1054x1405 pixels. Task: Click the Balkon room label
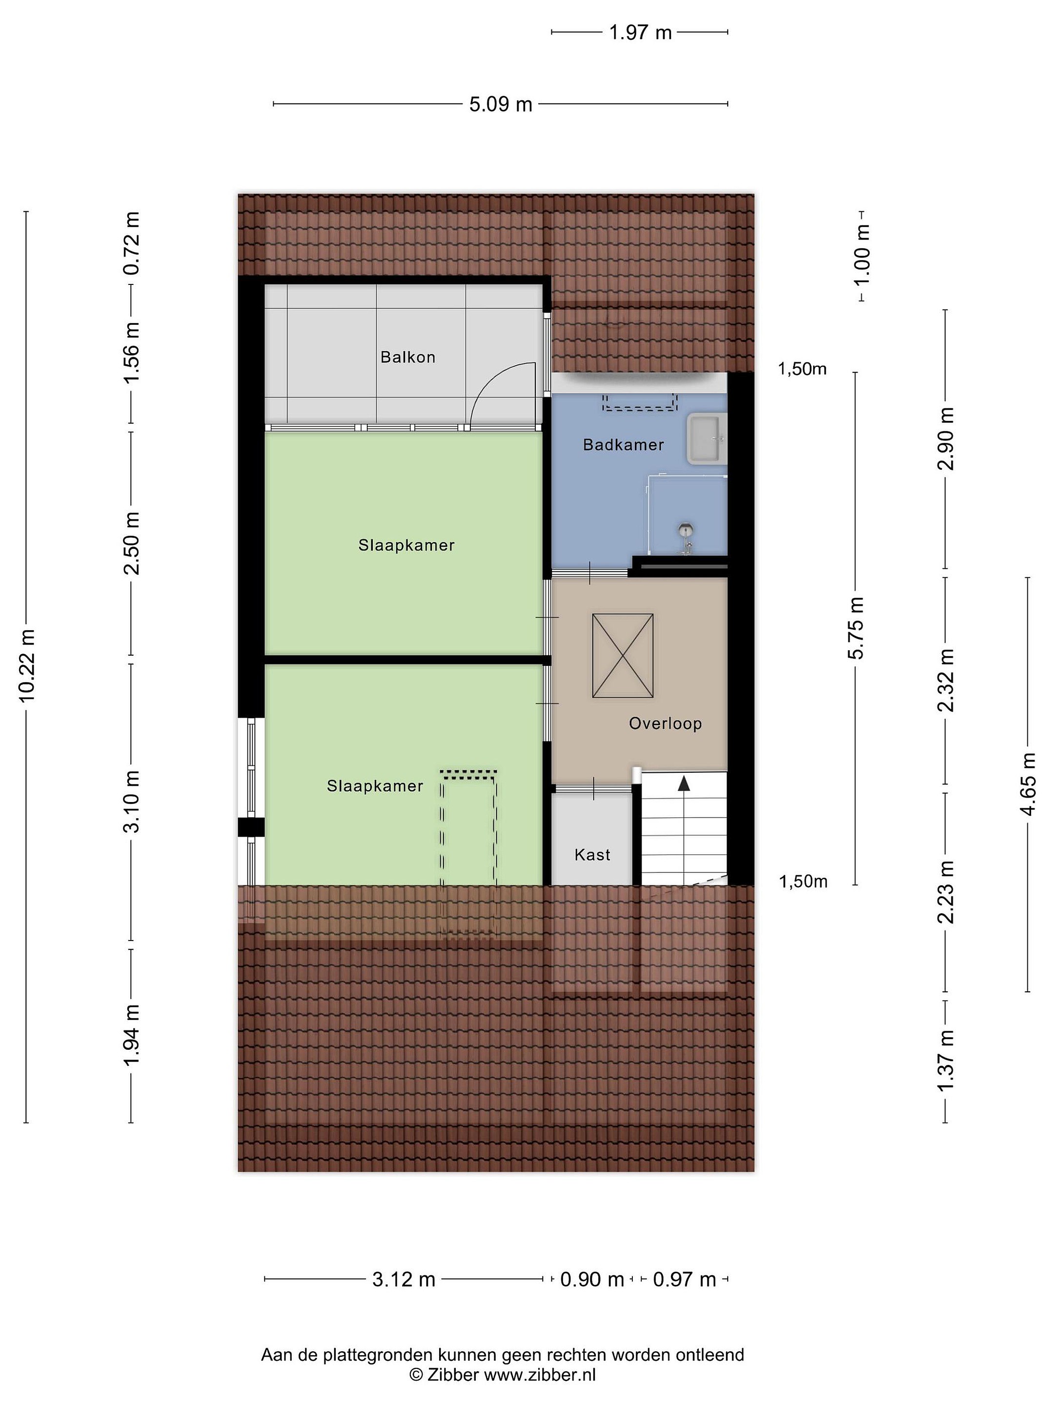click(x=407, y=357)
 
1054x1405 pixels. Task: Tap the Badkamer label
click(x=623, y=444)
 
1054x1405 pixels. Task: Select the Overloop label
click(x=665, y=723)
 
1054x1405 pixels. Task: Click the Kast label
click(x=592, y=855)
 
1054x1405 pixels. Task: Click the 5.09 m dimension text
click(x=501, y=104)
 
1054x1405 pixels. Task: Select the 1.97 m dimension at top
click(x=640, y=32)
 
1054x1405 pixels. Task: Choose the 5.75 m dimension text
click(x=856, y=628)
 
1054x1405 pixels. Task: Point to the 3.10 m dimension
click(x=132, y=802)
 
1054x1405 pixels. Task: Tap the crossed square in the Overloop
click(x=623, y=656)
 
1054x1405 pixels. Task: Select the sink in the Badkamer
click(x=707, y=438)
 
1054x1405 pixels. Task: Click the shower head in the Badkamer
click(x=686, y=528)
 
